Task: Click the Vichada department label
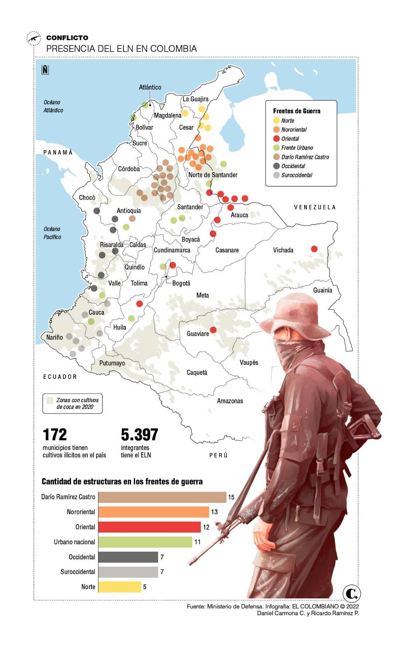[283, 250]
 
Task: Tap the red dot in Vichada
[314, 249]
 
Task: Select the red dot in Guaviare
[213, 330]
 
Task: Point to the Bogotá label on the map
[181, 283]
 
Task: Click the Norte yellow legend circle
[276, 120]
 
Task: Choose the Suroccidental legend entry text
[297, 175]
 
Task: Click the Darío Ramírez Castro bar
[162, 497]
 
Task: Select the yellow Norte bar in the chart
[119, 587]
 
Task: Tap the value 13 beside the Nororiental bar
[214, 512]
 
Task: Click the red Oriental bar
[149, 527]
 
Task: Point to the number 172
[55, 435]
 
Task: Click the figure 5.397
[139, 435]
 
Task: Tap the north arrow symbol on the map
[45, 70]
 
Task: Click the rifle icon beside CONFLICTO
[34, 39]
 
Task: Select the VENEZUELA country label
[315, 207]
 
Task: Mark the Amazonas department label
[230, 401]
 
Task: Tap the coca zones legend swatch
[50, 401]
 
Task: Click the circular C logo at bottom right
[351, 593]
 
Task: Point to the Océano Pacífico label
[52, 233]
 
